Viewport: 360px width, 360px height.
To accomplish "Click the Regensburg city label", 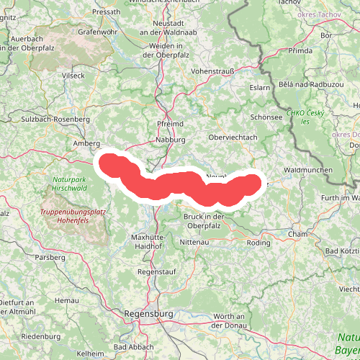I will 149,314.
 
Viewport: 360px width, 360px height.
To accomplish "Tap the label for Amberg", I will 86,143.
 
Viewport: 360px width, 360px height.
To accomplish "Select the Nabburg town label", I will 171,140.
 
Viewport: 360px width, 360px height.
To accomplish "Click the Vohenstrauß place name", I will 215,71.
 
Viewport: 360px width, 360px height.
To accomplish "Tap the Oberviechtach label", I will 232,138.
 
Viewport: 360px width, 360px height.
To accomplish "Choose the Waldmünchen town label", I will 307,170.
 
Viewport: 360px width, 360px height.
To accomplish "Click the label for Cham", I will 297,234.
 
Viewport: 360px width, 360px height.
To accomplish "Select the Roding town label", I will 258,243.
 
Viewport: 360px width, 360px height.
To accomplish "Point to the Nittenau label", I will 202,243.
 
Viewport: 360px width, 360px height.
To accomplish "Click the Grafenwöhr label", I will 97,32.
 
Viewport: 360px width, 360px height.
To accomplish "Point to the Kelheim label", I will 90,354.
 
